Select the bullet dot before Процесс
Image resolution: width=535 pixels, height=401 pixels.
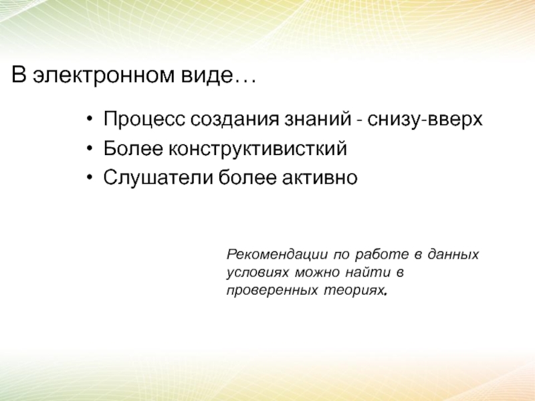pos(90,119)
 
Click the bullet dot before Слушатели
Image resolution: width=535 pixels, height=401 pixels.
pos(90,177)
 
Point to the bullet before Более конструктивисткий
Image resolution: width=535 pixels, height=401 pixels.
pos(90,148)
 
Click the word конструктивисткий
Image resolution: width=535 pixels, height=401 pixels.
pos(257,148)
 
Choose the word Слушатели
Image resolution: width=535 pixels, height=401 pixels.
pos(158,177)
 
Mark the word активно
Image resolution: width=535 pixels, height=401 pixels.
pos(320,178)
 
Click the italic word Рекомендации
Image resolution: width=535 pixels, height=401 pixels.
pos(278,255)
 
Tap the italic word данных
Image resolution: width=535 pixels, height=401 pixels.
pos(453,255)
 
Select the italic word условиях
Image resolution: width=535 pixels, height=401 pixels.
pos(257,273)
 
